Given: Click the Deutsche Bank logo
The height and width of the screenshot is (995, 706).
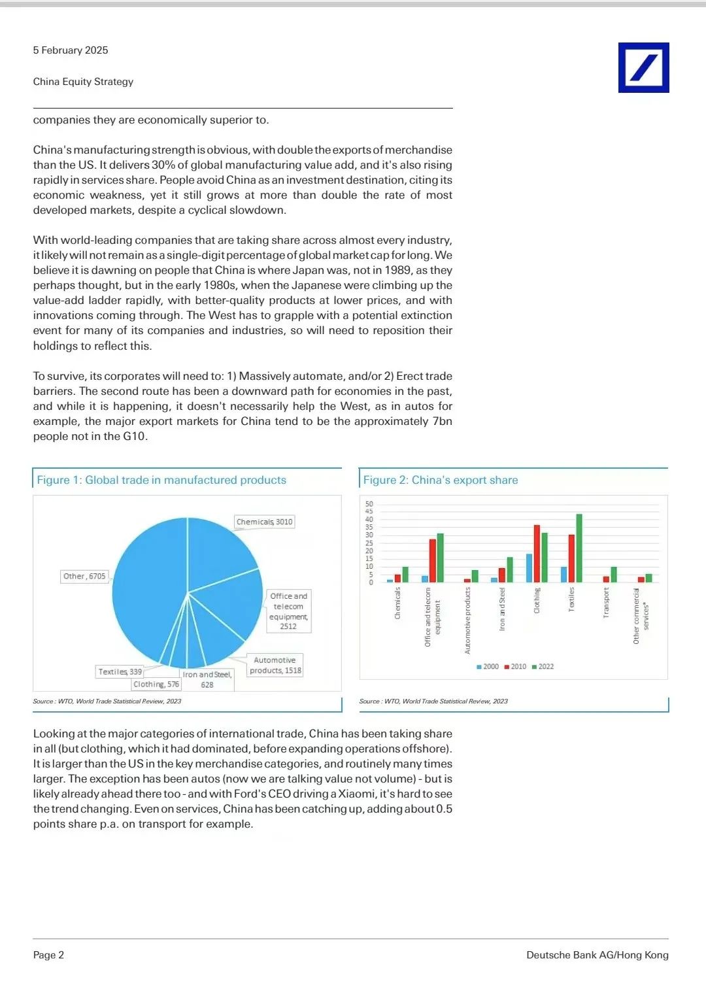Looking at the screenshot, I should pos(643,67).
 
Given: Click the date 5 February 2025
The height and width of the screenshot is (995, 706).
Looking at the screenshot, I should pos(71,50).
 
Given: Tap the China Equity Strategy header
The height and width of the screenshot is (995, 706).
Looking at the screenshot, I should pos(83,82).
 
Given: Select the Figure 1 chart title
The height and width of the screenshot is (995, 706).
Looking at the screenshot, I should pos(161,480).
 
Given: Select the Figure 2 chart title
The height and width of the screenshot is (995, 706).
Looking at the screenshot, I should pos(441,480).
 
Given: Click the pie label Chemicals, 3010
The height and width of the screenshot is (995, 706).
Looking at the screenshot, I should pos(264,522).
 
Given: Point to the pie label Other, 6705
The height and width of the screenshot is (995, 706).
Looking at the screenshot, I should pos(84,576).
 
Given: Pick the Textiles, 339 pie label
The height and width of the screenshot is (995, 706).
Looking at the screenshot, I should pos(120,671).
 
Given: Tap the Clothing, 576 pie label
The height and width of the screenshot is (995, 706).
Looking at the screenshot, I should pos(156,684).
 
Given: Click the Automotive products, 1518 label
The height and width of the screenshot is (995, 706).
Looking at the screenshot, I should pos(275,666).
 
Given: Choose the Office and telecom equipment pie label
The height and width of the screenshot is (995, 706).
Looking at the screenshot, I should pos(288,611).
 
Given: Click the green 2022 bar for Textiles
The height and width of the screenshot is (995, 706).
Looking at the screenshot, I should pos(579,548).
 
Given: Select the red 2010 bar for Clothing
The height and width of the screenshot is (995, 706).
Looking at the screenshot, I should pos(537,553).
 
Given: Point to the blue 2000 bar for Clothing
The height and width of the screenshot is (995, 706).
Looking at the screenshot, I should pos(529,567).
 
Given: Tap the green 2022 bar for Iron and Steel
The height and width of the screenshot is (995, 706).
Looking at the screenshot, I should pos(510,569).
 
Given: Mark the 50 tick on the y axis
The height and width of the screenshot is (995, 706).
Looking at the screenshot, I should pos(369,504).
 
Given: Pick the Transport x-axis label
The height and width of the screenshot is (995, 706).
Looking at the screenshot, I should pos(606,602).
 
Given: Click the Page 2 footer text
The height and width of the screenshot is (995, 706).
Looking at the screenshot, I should pos(49,954).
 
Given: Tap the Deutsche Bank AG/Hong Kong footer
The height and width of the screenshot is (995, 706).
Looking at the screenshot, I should pos(597,954).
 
